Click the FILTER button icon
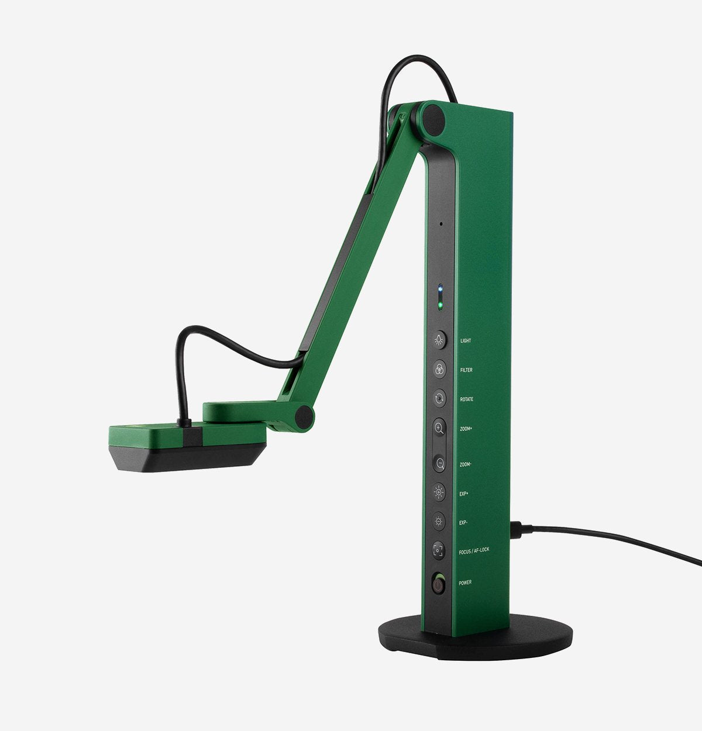pos(439,369)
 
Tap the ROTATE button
pos(439,399)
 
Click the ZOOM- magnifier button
pos(439,464)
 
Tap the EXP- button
pos(439,521)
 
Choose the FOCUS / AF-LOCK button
pos(439,550)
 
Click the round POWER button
pos(438,584)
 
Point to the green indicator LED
pos(440,305)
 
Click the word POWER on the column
pos(465,583)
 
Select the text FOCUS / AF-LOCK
pos(474,550)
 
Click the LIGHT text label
pos(466,341)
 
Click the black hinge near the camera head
pos(304,416)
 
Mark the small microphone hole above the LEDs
pos(441,223)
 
